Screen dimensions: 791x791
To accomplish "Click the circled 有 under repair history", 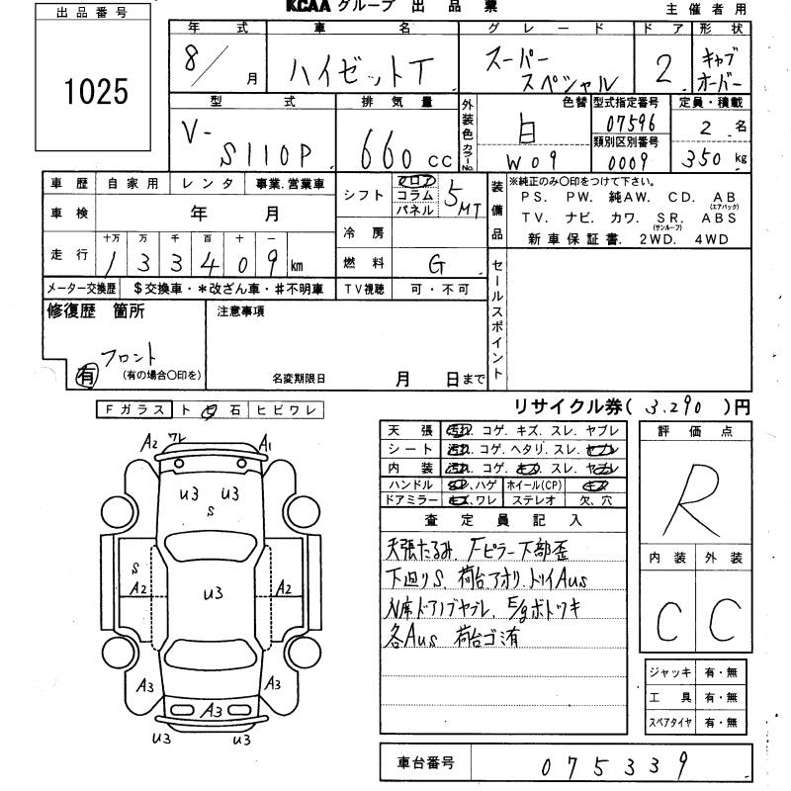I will [x=87, y=375].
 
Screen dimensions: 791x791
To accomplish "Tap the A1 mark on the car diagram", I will [x=265, y=445].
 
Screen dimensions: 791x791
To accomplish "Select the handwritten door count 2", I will [x=664, y=68].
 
